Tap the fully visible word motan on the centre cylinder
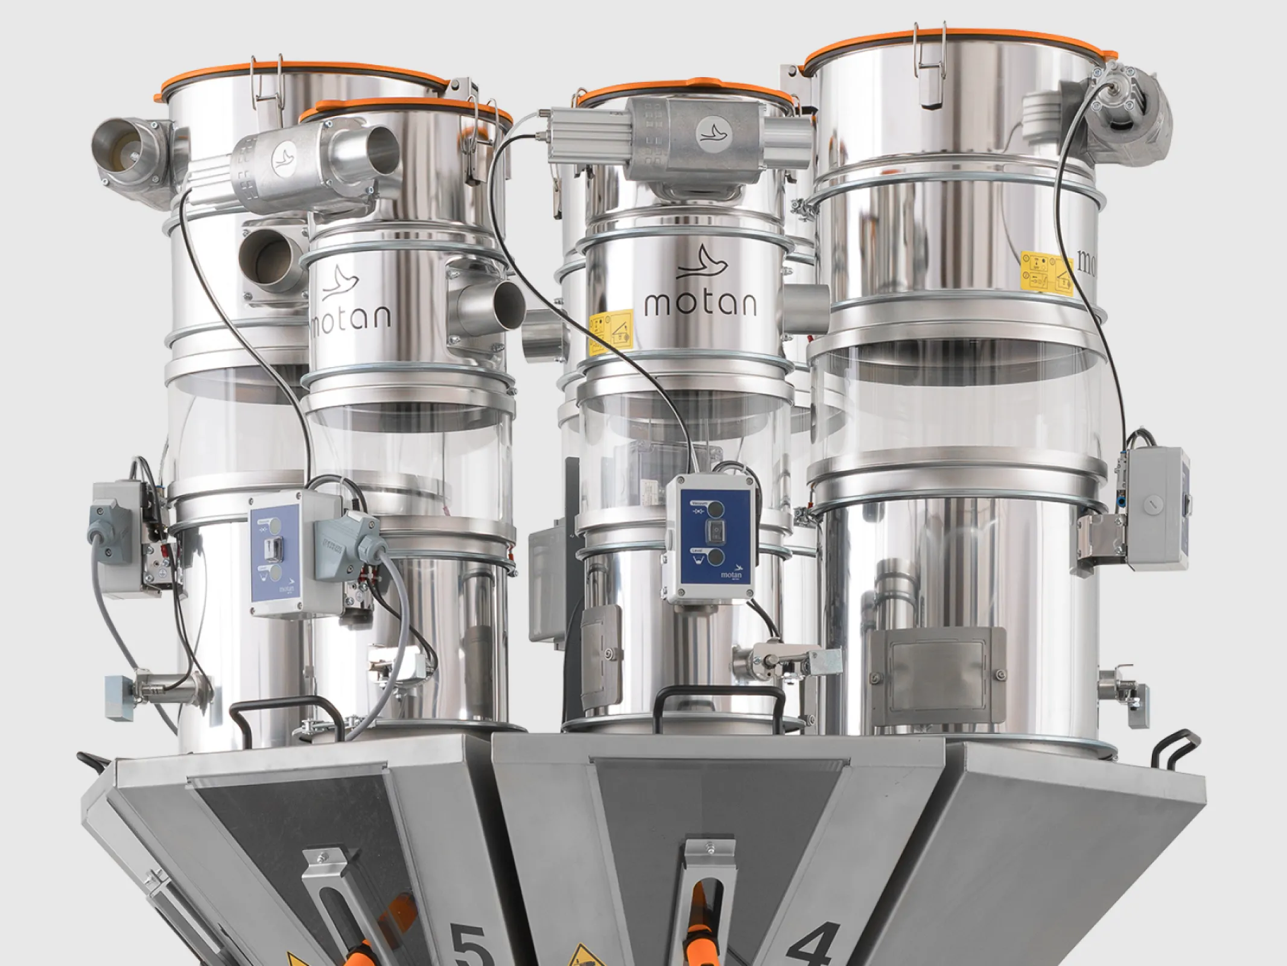[700, 304]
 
